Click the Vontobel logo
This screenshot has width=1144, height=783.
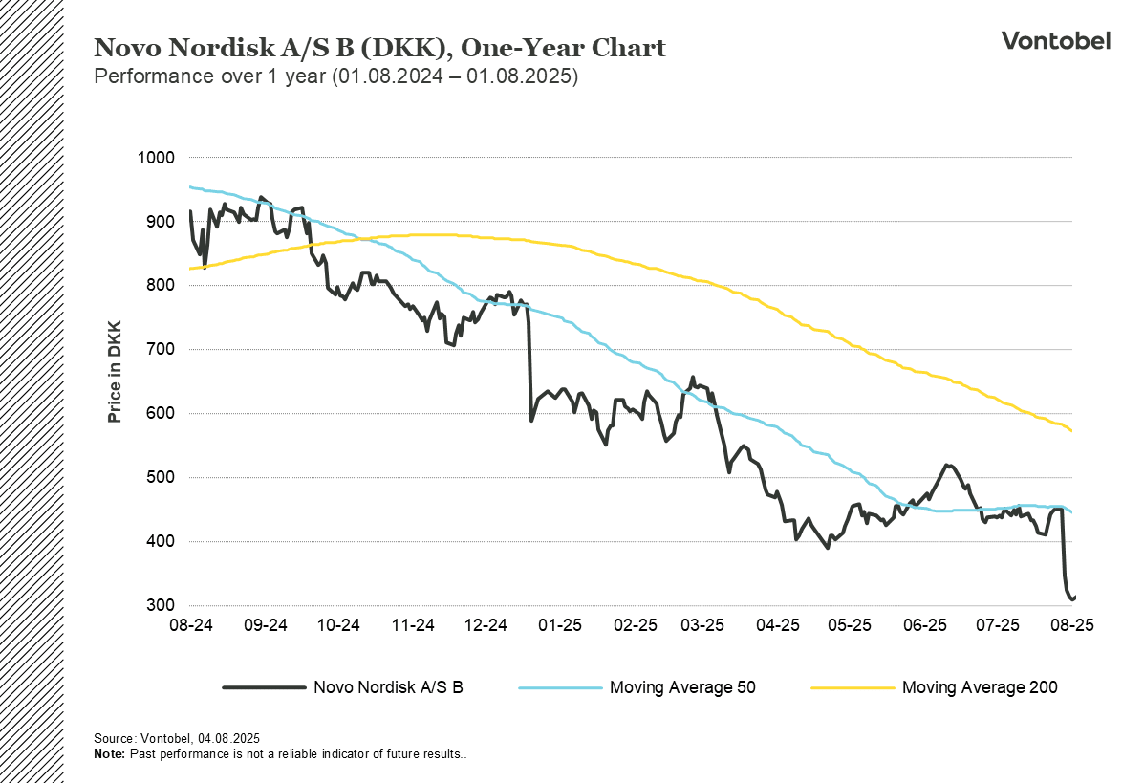point(1055,40)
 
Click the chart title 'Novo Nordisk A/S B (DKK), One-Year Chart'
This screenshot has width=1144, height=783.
point(379,48)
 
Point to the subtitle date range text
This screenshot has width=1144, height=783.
point(335,77)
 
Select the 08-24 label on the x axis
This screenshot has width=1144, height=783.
point(190,625)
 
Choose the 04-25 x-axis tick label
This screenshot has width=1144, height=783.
point(778,625)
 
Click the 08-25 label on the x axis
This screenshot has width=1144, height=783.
point(1072,625)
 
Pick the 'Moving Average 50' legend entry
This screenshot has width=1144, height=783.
point(682,687)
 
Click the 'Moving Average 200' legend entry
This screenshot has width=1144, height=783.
point(979,687)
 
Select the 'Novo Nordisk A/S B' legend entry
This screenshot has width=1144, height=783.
point(388,687)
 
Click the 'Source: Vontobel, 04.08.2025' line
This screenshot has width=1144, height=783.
point(177,739)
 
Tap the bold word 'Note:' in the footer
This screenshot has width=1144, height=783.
point(109,754)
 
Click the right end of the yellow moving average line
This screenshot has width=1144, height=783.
point(1072,431)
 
